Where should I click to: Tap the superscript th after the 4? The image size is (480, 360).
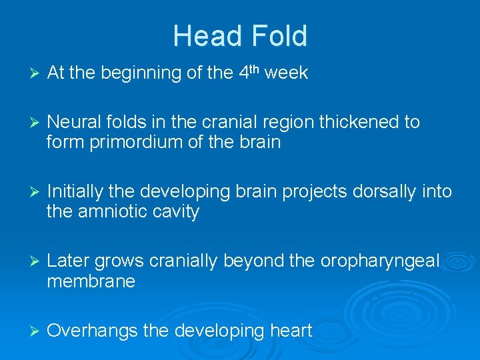[255, 69]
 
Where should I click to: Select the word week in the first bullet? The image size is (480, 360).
[286, 73]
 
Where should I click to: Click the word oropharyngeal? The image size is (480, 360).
[379, 262]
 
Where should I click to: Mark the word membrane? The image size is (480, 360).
[91, 281]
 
